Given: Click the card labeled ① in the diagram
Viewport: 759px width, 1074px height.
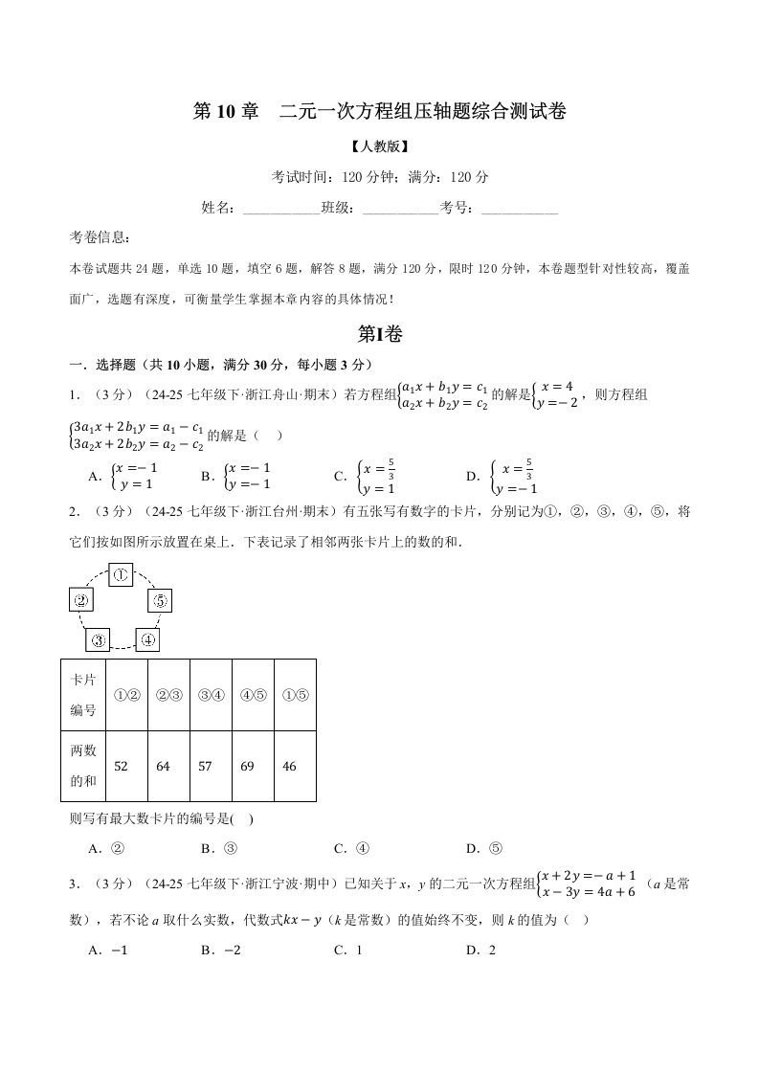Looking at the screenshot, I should click(x=121, y=574).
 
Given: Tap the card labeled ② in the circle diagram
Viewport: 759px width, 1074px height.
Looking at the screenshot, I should click(x=81, y=601).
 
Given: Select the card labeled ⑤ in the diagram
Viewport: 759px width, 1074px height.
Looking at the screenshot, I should click(x=159, y=601).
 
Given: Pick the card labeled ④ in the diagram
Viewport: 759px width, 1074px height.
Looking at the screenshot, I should click(x=146, y=639).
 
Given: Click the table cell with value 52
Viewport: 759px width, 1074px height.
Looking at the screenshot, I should click(x=126, y=766).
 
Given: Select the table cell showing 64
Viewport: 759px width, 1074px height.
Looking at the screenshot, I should click(x=168, y=766).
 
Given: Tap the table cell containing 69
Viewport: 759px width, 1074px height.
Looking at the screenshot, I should click(x=253, y=766).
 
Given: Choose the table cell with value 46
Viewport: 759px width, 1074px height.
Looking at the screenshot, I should click(x=295, y=766).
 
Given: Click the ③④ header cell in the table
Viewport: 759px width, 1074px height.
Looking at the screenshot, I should click(x=211, y=695).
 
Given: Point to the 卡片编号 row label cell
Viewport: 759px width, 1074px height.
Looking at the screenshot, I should click(x=83, y=695).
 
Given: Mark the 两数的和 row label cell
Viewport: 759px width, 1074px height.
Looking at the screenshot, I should click(x=83, y=766).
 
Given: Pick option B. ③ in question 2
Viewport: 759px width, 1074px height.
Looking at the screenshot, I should click(x=218, y=848).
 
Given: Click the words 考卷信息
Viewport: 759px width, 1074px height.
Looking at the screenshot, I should click(x=101, y=237).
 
